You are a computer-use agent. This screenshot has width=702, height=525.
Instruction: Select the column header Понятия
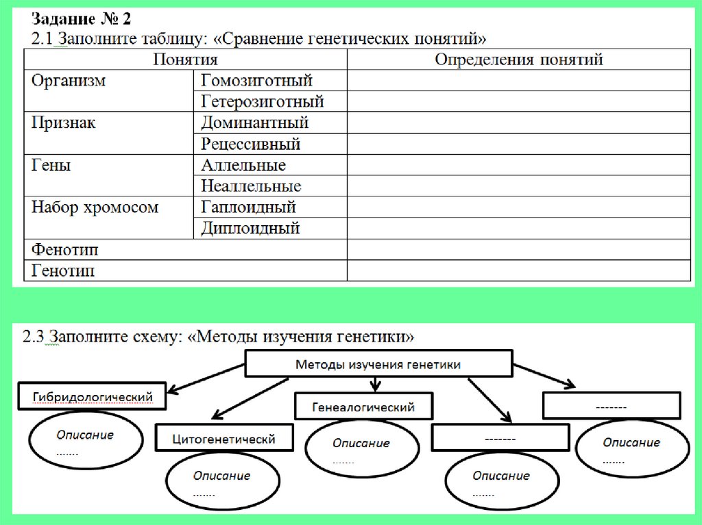click(185, 60)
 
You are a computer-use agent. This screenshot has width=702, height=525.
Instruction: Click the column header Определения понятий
click(518, 60)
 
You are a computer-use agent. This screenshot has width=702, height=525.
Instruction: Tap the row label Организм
click(69, 81)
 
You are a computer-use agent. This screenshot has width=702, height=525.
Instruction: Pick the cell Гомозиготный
click(257, 81)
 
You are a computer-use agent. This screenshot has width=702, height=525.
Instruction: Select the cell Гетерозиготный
click(263, 102)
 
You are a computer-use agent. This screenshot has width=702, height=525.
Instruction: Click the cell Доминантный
click(255, 123)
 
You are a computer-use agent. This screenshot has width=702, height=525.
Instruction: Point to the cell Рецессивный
click(251, 144)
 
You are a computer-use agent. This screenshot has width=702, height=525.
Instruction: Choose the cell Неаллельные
click(251, 186)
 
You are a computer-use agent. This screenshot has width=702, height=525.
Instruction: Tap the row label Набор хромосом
click(95, 207)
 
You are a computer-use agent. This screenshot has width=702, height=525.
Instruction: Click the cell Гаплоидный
click(248, 207)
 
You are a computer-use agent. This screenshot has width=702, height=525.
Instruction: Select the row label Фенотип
click(64, 250)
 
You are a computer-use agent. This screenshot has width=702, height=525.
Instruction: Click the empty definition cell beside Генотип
click(518, 271)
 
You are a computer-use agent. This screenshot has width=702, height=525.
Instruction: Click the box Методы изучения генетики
click(378, 365)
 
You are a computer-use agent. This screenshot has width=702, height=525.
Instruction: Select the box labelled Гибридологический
click(91, 396)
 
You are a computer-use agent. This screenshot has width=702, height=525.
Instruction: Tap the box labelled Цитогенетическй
click(224, 439)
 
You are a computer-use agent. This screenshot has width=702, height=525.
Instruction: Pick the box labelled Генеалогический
click(363, 407)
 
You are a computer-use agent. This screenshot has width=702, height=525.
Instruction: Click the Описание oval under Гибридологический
click(86, 441)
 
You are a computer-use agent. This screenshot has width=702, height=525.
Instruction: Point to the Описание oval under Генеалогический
click(361, 449)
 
